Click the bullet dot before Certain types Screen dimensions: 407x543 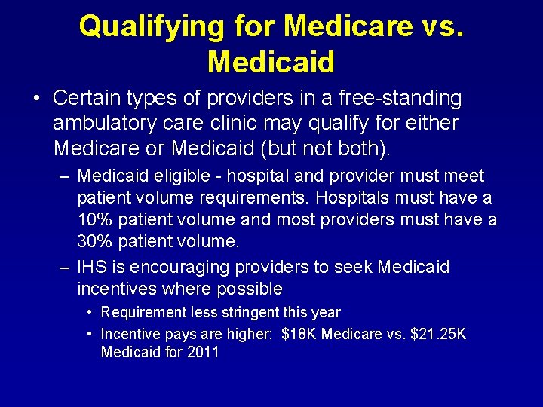point(35,99)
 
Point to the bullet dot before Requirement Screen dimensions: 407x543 point(90,312)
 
